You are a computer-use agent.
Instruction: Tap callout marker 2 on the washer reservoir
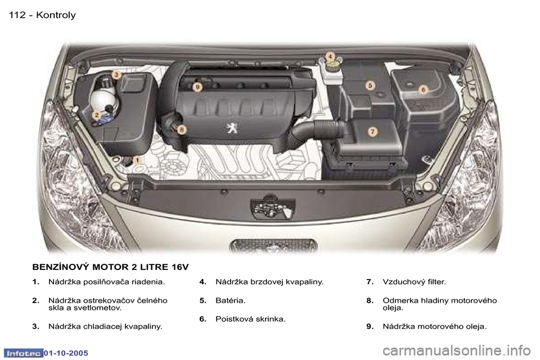coord(97,115)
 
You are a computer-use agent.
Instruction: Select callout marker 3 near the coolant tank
coord(115,74)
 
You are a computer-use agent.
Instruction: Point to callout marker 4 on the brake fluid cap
coord(330,56)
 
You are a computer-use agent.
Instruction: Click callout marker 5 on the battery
coord(370,85)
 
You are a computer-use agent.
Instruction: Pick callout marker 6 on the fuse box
coord(422,89)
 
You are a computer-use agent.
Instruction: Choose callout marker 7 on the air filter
coord(372,131)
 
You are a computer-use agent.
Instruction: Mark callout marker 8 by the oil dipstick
coord(181,129)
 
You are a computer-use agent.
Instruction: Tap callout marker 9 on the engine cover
coord(197,87)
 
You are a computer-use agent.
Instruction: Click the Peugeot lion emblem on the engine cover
coord(231,128)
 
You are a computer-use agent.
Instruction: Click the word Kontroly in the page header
coord(56,15)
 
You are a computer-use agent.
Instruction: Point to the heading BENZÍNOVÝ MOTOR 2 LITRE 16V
coord(110,265)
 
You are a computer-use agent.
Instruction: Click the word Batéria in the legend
coord(230,300)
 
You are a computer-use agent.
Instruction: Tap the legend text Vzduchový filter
coord(413,281)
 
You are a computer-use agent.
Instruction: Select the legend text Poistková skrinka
coord(250,319)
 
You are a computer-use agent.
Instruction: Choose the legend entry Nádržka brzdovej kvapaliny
coord(269,281)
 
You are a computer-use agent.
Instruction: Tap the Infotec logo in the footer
coord(22,352)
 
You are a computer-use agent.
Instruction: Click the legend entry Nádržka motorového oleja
coord(434,326)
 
